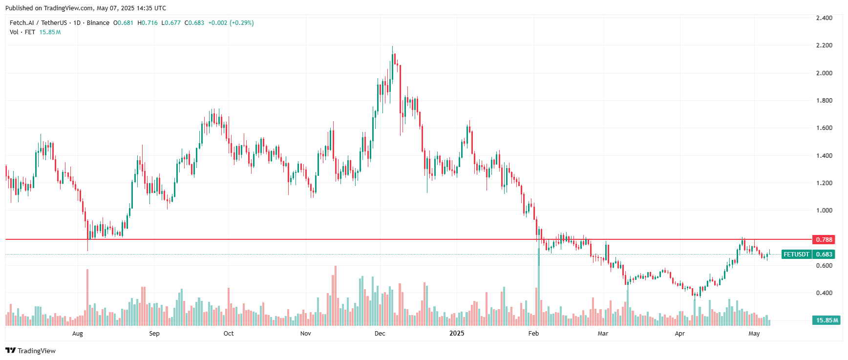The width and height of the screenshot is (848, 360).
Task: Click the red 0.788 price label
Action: click(824, 239)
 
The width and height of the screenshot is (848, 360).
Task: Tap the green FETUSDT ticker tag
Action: click(796, 254)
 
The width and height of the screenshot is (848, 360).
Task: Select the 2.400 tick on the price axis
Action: click(824, 18)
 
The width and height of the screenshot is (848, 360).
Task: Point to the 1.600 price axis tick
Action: click(824, 128)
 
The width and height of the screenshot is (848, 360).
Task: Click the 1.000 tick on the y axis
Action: click(824, 211)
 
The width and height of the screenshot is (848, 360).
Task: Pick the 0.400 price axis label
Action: click(824, 293)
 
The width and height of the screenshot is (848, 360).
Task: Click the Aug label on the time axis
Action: click(78, 334)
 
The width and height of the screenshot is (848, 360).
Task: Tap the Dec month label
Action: click(380, 334)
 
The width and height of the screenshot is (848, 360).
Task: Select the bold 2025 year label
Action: click(457, 334)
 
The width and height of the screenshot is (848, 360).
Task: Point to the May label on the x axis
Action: click(754, 334)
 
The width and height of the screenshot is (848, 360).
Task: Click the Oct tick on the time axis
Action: click(229, 334)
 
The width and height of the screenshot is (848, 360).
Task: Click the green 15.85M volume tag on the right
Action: click(827, 320)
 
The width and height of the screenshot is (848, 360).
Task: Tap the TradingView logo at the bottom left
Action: click(30, 351)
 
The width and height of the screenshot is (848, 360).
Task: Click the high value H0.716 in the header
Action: click(148, 23)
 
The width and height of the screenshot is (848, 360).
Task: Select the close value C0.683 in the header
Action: click(194, 23)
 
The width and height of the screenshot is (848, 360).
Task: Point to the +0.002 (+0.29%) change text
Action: click(231, 23)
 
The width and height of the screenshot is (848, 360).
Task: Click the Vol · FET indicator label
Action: click(22, 32)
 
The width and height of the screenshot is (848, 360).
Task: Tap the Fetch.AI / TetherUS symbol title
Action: click(38, 23)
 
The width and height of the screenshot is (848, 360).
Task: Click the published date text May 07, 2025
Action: click(118, 8)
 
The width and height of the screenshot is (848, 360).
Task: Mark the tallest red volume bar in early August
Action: click(87, 297)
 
